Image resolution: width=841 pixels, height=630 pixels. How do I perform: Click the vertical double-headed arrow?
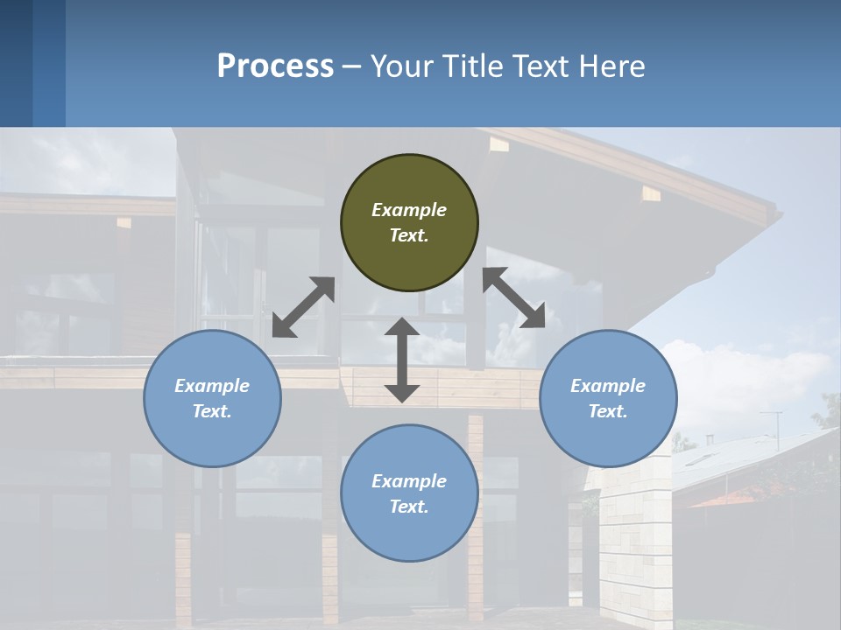(x=402, y=360)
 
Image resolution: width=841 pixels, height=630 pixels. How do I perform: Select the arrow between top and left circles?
(x=303, y=307)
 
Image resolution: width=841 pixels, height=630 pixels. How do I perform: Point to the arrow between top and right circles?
(x=514, y=297)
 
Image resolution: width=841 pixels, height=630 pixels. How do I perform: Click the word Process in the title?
(x=275, y=66)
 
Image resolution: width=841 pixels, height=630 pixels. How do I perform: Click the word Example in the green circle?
(x=409, y=210)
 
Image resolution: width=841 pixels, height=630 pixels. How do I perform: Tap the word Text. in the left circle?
(x=212, y=411)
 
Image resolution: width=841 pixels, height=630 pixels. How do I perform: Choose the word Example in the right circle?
(x=608, y=386)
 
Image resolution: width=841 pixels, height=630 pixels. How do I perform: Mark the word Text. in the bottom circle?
(x=409, y=507)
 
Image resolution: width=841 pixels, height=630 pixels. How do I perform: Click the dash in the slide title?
(x=351, y=66)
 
